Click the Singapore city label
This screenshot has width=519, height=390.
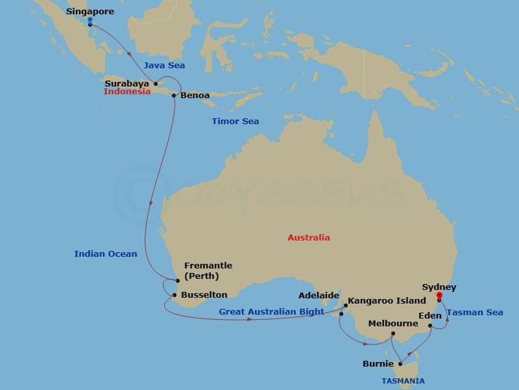tap(90, 12)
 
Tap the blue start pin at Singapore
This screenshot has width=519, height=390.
tap(90, 21)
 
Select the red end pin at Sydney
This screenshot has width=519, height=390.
tap(439, 297)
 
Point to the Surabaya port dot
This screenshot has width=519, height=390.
tap(156, 83)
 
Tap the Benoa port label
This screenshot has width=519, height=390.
tap(195, 96)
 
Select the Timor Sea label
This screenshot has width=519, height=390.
tap(235, 122)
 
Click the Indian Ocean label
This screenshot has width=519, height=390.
tap(106, 253)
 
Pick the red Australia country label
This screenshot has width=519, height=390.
tap(309, 237)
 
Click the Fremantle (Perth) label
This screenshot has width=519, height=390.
tap(208, 270)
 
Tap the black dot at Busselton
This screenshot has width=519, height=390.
tap(174, 295)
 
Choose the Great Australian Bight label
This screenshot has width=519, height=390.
tap(271, 312)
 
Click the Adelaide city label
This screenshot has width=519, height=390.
tap(319, 295)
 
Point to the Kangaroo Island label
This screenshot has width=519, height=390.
tap(387, 302)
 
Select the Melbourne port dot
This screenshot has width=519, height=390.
tap(392, 335)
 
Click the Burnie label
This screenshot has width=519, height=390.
tap(379, 364)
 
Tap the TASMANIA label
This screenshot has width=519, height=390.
tap(403, 380)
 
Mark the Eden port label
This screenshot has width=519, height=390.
tap(430, 315)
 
